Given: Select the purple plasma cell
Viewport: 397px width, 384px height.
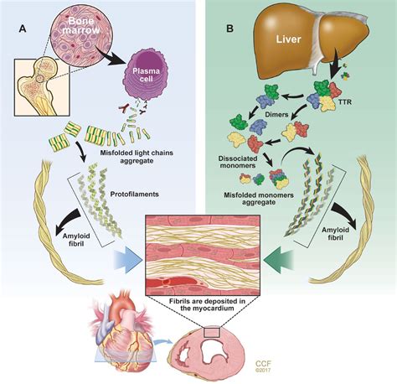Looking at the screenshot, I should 153,81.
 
